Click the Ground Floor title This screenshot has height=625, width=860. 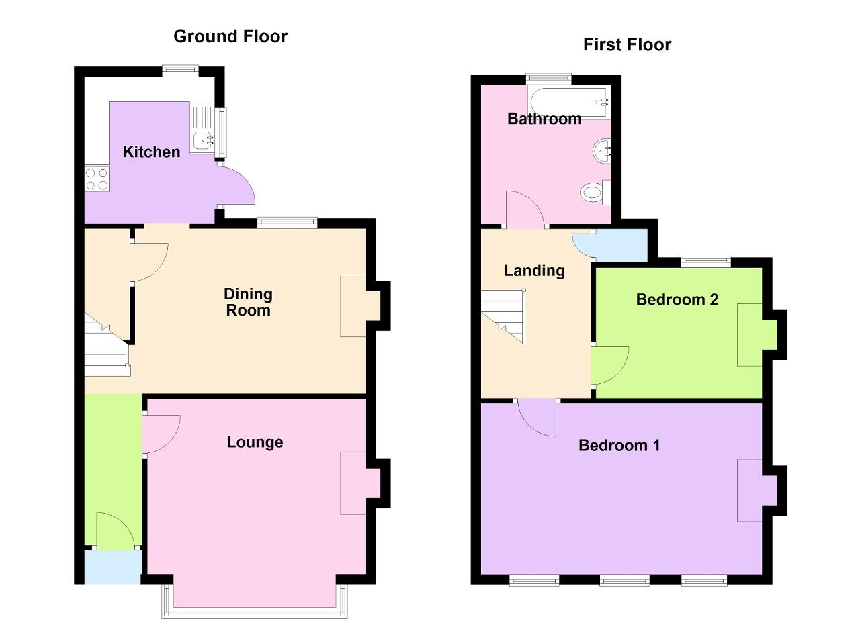click(x=230, y=36)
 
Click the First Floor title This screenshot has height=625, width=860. click(x=627, y=44)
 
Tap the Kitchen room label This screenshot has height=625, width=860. click(x=151, y=152)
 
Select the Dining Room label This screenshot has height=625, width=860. click(x=248, y=302)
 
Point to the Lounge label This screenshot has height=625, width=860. click(x=255, y=442)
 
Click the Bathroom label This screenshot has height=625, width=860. click(x=544, y=119)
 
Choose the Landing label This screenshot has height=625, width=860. click(x=534, y=271)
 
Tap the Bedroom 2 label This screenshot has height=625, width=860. click(x=677, y=299)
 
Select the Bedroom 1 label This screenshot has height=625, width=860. click(x=619, y=446)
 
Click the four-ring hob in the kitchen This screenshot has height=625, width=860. click(x=97, y=179)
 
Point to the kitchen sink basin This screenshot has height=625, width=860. click(x=202, y=140)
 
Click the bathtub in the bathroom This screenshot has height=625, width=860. click(x=569, y=102)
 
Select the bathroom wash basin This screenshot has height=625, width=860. click(x=601, y=151)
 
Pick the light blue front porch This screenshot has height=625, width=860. click(x=113, y=567)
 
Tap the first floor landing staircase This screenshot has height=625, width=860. click(x=503, y=316)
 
